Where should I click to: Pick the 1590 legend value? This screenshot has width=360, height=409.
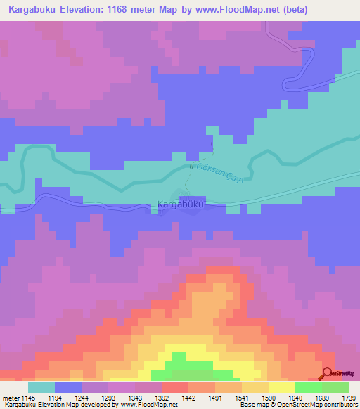click(269, 397)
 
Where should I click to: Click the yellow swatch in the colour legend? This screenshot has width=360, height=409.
click(281, 387)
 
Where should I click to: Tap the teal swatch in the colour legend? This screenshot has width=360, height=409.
click(41, 387)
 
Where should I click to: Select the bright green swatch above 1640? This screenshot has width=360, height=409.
click(308, 387)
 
